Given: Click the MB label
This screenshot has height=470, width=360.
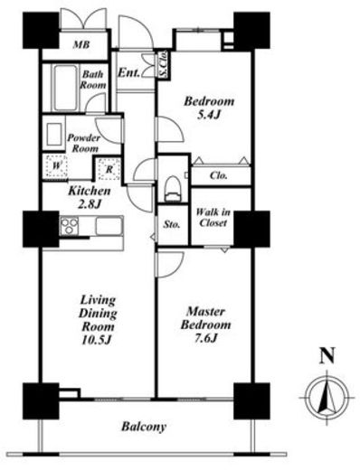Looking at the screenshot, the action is [81, 45].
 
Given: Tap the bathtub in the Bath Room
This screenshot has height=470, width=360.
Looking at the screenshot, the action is [65, 88].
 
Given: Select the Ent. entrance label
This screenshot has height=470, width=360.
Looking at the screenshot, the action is [128, 72].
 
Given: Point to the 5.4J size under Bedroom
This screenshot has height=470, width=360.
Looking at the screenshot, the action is [208, 115].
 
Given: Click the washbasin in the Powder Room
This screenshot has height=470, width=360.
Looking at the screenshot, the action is [54, 134].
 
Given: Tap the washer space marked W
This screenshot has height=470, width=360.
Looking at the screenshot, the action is [55, 165].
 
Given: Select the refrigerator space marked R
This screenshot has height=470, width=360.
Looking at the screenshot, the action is [109, 169].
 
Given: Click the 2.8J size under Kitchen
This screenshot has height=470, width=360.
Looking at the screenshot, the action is [89, 204].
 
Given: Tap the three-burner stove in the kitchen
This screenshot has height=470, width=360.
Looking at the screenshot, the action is [70, 226].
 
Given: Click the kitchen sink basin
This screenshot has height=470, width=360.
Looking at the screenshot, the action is [109, 226].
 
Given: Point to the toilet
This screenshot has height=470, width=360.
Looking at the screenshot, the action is [173, 189].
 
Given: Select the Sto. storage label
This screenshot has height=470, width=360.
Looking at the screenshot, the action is [172, 224].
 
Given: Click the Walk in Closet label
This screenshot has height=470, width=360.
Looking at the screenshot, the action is [213, 217].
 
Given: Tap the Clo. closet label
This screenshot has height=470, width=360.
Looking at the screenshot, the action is [219, 175].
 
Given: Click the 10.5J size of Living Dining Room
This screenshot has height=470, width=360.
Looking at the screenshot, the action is [97, 340].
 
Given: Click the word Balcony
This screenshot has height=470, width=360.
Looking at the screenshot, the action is [144, 427].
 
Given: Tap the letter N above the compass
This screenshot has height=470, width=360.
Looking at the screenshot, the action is [327, 355].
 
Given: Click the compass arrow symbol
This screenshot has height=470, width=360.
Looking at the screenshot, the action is [327, 397].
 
